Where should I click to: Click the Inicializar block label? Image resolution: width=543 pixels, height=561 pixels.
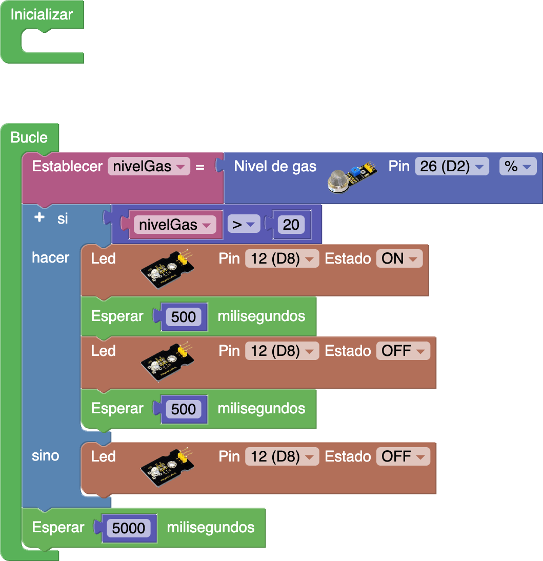coord(42,14)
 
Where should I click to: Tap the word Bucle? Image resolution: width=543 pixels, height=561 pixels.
coord(29,137)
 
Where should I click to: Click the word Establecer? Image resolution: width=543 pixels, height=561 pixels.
coord(67,167)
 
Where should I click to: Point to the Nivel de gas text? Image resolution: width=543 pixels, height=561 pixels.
coord(275,166)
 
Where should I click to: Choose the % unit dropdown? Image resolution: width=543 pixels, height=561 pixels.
coord(517,167)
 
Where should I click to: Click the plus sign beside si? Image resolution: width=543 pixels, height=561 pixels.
coord(39,217)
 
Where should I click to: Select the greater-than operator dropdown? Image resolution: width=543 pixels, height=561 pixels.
coord(244,225)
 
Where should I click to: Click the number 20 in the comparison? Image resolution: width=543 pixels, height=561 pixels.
coord(291,225)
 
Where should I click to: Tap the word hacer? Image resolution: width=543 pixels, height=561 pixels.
coord(51,257)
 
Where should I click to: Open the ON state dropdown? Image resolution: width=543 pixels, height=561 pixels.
coord(399,258)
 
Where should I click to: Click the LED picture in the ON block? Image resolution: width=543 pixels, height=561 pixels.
coord(168,269)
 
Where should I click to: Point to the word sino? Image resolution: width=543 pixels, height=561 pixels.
coord(46,455)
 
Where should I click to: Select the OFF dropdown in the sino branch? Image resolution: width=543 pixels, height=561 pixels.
coord(403,456)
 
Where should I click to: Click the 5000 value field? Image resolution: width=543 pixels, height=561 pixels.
coord(129,528)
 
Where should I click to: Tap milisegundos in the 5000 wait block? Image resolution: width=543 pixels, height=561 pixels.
coord(211,527)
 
